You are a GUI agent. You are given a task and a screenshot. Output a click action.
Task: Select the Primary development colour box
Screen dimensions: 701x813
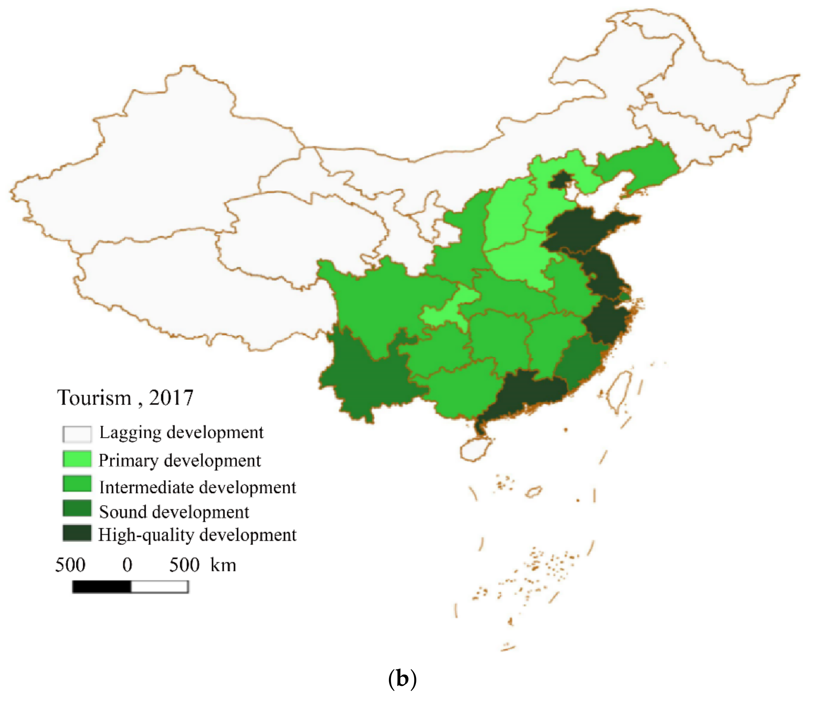click(77, 459)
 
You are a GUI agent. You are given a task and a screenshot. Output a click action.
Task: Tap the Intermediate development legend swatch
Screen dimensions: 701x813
click(77, 484)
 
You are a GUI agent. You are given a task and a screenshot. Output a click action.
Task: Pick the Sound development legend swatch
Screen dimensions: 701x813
click(77, 508)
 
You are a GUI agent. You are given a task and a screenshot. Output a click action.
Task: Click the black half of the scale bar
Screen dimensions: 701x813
click(102, 587)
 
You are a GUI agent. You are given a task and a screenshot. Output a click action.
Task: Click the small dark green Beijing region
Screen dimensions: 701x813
click(560, 180)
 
